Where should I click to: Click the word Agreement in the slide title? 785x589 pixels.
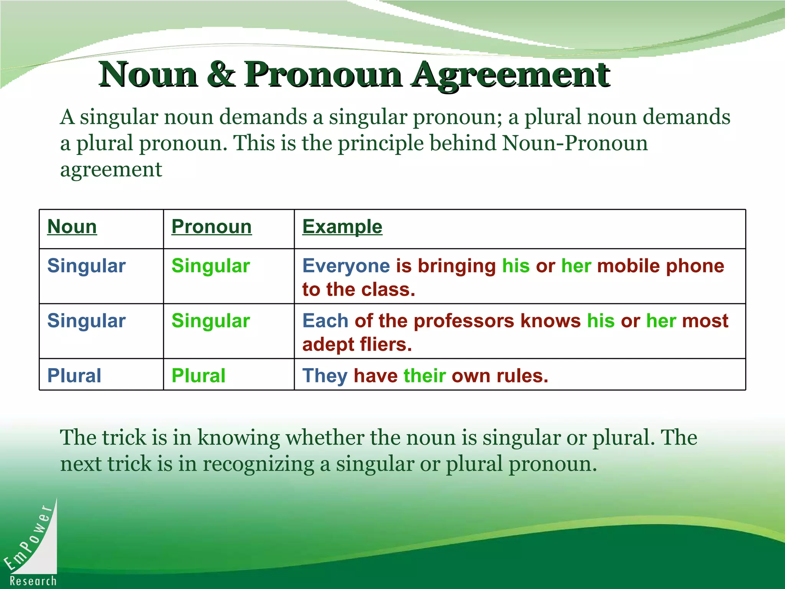click(x=511, y=75)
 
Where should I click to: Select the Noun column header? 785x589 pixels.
click(x=72, y=227)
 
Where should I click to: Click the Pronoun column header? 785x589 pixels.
click(x=212, y=227)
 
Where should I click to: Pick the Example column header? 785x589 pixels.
click(x=342, y=227)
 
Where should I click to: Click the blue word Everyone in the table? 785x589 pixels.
click(x=346, y=266)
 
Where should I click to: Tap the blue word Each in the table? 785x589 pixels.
click(x=325, y=321)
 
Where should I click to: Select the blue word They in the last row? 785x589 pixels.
click(x=325, y=376)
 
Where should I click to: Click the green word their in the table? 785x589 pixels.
click(x=425, y=376)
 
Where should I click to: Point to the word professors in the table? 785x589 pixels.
click(x=464, y=321)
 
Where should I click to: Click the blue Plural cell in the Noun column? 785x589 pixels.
click(x=74, y=376)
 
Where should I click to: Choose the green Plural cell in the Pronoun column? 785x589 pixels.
click(x=199, y=376)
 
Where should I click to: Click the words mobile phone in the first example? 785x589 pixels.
click(x=660, y=266)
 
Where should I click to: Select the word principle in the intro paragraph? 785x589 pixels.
click(x=381, y=143)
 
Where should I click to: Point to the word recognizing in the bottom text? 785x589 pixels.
click(x=258, y=464)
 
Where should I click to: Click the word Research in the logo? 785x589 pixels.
click(x=33, y=581)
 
